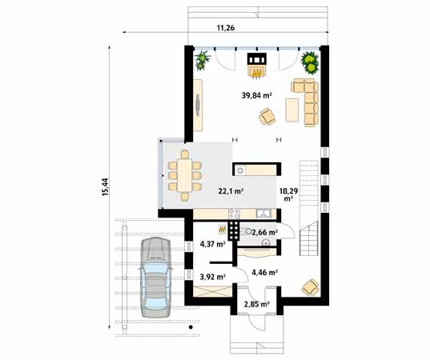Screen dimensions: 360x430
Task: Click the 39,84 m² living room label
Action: coord(256,95)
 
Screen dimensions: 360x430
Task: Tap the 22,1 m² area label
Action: coord(231,192)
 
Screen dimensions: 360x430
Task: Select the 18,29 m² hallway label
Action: coord(289,196)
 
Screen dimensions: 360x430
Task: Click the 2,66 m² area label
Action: coord(265,232)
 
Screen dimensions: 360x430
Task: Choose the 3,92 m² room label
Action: coord(211,277)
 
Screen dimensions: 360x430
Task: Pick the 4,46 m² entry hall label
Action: coord(264,273)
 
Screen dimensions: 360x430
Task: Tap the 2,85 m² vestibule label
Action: coord(256,305)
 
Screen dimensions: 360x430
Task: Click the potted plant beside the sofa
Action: coord(310,61)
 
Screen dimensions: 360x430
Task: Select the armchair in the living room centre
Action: coord(267,117)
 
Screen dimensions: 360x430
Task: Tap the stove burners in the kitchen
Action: coord(234,231)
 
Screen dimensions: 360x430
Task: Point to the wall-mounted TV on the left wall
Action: coord(198,104)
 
